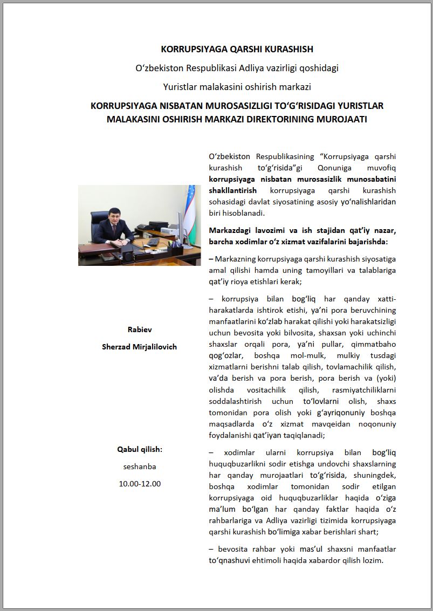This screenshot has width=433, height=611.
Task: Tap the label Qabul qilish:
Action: [x=140, y=449]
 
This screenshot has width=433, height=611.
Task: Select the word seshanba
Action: [x=140, y=466]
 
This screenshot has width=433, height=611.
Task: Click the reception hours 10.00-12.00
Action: [x=140, y=484]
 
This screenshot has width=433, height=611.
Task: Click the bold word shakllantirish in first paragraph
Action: [x=232, y=190]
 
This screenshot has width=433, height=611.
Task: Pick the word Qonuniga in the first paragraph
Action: [x=333, y=168]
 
